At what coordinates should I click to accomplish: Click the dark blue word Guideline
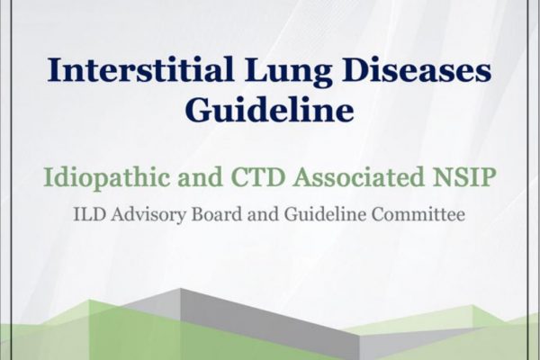point(270,109)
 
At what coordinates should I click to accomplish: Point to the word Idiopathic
point(107,177)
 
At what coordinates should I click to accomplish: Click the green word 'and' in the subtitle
point(201,178)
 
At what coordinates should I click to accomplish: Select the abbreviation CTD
point(260,178)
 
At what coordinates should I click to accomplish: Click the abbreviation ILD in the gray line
point(89,214)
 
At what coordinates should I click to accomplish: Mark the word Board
point(217,214)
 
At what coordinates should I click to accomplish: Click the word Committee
point(418,214)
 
